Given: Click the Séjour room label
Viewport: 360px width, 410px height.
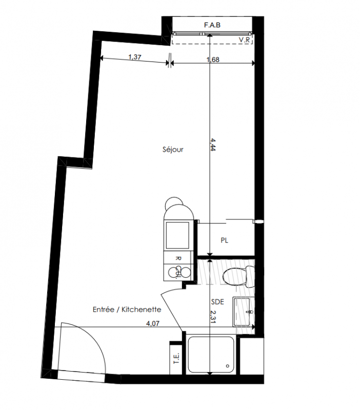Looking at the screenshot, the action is pyautogui.click(x=173, y=150).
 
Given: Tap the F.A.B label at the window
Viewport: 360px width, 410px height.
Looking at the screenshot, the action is pyautogui.click(x=212, y=25).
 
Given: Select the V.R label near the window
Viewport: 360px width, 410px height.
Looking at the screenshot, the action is pyautogui.click(x=245, y=40).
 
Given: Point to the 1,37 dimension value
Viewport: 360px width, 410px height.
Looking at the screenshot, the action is pyautogui.click(x=135, y=57).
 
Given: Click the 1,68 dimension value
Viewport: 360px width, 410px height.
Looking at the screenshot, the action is pyautogui.click(x=213, y=60).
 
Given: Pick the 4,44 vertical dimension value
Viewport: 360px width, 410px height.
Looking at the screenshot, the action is pyautogui.click(x=212, y=145).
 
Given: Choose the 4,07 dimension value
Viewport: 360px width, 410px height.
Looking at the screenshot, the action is pyautogui.click(x=153, y=323).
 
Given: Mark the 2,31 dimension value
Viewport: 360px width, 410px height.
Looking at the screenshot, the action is pyautogui.click(x=212, y=317).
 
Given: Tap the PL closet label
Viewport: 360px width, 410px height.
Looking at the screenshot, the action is pyautogui.click(x=224, y=240).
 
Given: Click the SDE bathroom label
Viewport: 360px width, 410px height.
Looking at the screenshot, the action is pyautogui.click(x=217, y=302).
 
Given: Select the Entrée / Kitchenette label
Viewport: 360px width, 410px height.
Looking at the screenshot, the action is pyautogui.click(x=127, y=310).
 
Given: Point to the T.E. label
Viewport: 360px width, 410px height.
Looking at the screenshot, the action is pyautogui.click(x=176, y=358).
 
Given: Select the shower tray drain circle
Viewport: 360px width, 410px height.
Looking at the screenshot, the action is pyautogui.click(x=228, y=366).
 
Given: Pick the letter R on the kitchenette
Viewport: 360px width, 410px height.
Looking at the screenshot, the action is pyautogui.click(x=178, y=258).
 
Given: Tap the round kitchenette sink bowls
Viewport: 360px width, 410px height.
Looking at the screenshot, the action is pyautogui.click(x=178, y=272).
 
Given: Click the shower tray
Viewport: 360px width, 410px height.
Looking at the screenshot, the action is pyautogui.click(x=211, y=355).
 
